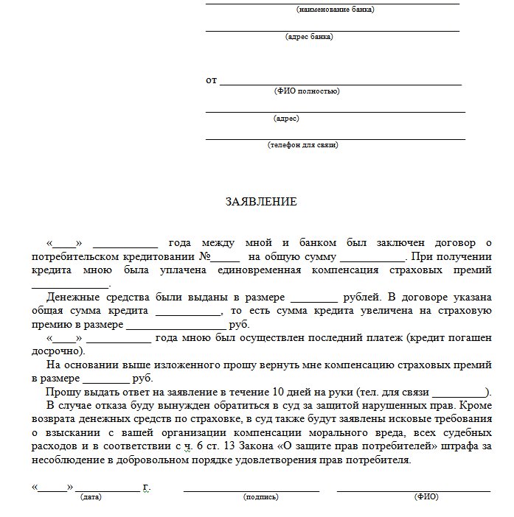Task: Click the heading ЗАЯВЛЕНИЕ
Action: pos(260,201)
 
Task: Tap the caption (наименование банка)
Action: pos(335,10)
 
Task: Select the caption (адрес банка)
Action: pos(308,36)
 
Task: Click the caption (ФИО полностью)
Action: pos(306,91)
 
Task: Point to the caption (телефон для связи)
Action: pos(303,145)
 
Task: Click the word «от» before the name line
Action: pos(211,80)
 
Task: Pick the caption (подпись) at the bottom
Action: pos(261,497)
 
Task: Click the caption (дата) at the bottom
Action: pos(91,497)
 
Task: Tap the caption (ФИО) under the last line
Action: pos(426,497)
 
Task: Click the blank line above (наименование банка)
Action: pos(332,3)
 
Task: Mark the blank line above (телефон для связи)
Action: pos(336,138)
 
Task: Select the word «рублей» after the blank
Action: pos(361,298)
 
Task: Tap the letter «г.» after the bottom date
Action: pos(147,487)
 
